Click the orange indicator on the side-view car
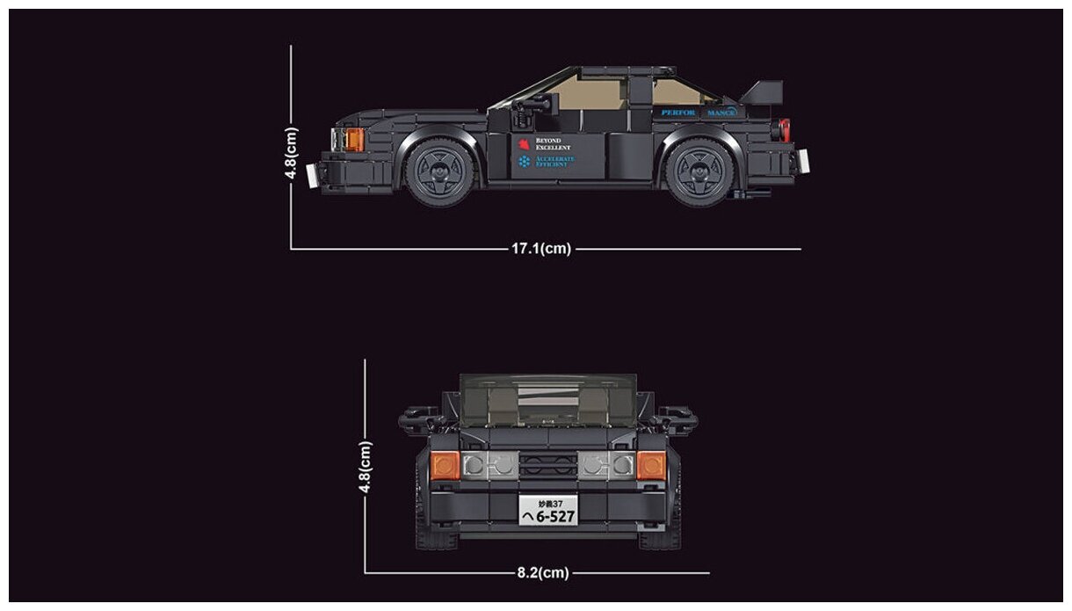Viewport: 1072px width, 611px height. [354, 139]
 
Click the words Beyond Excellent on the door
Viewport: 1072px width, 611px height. [554, 144]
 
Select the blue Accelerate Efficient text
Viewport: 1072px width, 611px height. [554, 162]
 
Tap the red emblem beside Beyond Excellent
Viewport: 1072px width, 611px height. [525, 144]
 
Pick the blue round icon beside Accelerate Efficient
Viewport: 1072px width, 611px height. [525, 162]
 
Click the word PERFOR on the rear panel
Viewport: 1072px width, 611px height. [678, 113]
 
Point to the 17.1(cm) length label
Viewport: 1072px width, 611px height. [541, 249]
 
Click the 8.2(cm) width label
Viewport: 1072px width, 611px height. [542, 573]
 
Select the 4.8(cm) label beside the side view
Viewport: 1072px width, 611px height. [292, 153]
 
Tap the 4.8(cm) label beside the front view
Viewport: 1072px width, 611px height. [366, 468]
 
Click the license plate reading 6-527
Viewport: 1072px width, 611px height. [548, 511]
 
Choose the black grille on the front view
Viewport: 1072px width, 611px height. [548, 464]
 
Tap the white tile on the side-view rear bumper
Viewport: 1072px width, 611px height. [803, 161]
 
